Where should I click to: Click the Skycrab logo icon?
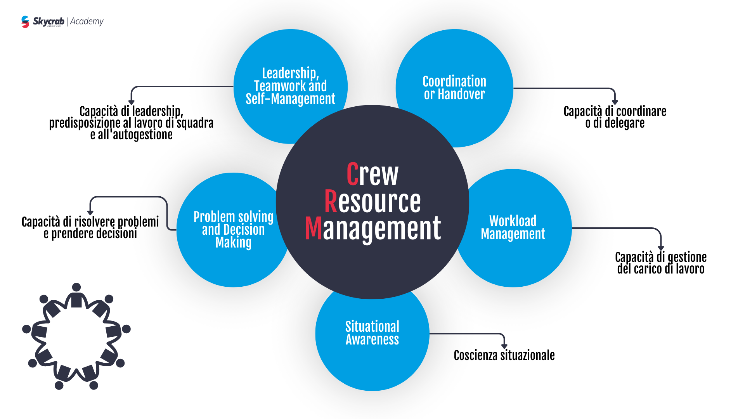tap(25, 22)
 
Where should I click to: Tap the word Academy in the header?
tap(87, 21)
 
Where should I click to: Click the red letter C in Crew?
tap(352, 174)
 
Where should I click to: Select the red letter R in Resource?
tap(331, 201)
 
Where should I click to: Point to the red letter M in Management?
tap(313, 229)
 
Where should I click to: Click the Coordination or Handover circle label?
tap(454, 88)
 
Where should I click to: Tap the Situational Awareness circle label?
tap(372, 333)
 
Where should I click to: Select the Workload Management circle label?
tap(513, 227)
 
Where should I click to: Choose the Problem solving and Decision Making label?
tap(233, 229)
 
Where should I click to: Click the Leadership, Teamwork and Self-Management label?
tap(290, 86)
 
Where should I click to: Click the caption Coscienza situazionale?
tap(504, 355)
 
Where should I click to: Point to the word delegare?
tap(624, 123)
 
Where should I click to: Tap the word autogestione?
tap(142, 135)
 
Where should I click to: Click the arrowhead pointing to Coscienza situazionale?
tap(504, 346)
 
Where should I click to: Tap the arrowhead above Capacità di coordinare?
tap(615, 102)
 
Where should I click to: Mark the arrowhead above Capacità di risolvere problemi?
tap(90, 213)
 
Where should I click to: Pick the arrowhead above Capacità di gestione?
tap(661, 248)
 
